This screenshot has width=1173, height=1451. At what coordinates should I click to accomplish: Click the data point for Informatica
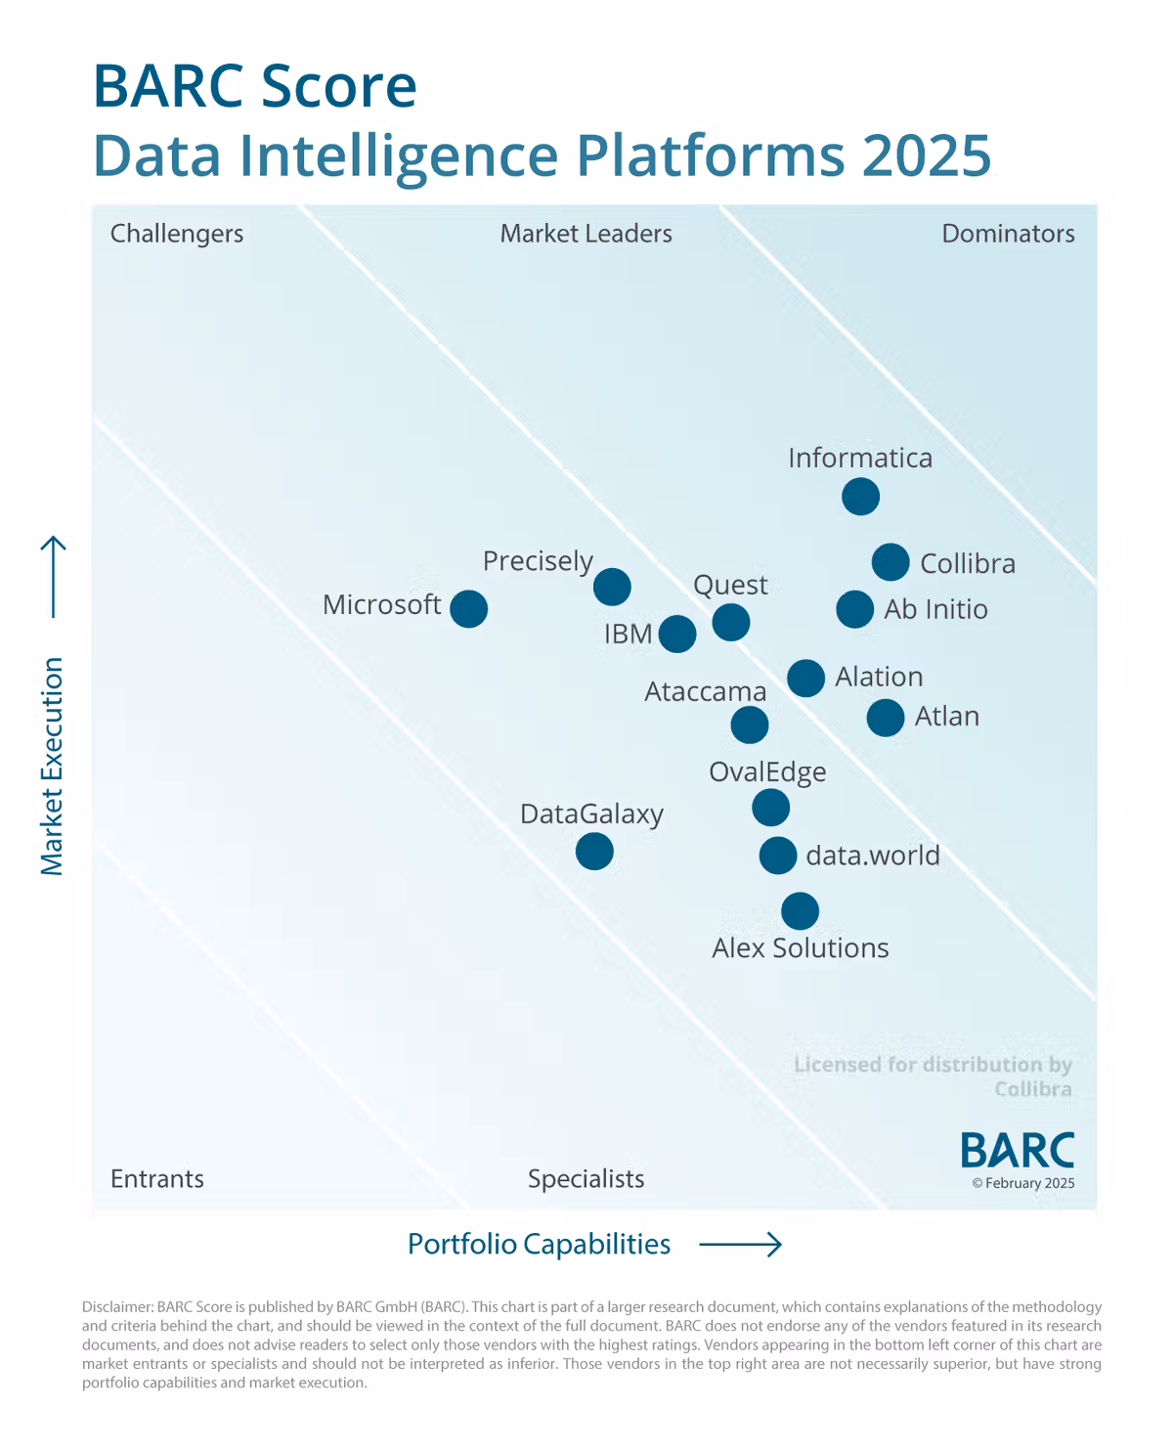(860, 497)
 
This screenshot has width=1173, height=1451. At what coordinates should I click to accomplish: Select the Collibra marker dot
(891, 562)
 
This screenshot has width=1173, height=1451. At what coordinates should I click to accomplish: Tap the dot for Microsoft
(469, 608)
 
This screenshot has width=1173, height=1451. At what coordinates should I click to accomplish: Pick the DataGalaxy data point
(594, 851)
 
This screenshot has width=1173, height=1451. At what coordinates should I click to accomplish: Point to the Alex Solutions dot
(800, 910)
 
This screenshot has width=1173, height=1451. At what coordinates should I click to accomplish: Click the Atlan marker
(886, 717)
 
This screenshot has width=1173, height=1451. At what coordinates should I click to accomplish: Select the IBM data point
(677, 634)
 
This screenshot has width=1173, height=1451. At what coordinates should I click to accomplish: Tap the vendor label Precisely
(538, 561)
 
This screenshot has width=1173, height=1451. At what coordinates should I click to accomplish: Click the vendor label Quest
(730, 585)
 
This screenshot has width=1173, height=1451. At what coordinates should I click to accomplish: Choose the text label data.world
(872, 856)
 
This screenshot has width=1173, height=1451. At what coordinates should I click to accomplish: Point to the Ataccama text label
(705, 692)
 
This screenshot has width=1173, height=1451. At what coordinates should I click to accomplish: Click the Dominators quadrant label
(1008, 234)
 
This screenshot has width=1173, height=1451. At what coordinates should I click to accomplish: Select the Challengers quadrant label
(177, 234)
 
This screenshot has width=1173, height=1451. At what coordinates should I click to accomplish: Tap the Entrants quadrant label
(157, 1178)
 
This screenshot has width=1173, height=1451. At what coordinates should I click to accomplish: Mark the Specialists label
(586, 1178)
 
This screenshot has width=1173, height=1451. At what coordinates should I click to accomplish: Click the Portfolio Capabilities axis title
(539, 1244)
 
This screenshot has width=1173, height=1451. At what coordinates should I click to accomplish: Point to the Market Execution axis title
(52, 766)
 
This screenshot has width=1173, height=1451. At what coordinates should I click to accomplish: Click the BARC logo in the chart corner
(1017, 1151)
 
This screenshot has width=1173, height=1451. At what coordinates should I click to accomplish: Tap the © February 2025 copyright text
(1022, 1183)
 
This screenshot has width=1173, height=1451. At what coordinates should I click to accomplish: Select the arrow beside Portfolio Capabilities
(741, 1244)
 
